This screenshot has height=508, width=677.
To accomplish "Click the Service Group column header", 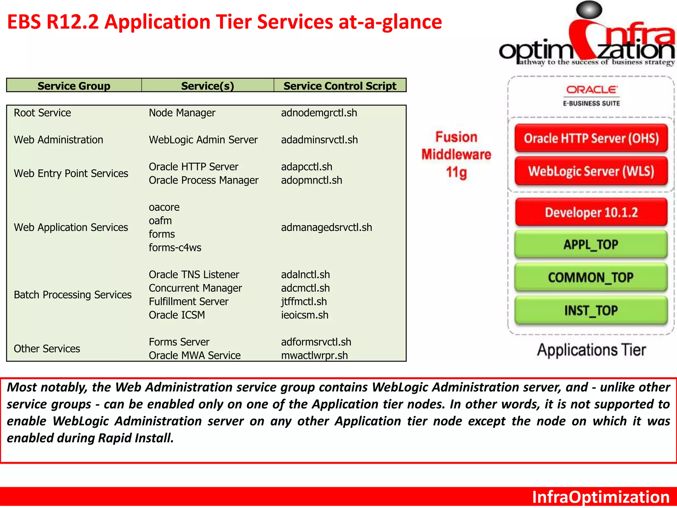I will (x=74, y=86).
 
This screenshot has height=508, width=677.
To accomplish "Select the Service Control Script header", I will (x=340, y=86).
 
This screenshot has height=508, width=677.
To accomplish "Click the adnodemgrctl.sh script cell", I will (x=319, y=113).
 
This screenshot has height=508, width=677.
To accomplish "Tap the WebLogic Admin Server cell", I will (x=203, y=140).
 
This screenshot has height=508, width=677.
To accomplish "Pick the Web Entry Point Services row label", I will (x=71, y=174).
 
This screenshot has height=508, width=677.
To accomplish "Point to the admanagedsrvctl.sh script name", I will (x=326, y=228).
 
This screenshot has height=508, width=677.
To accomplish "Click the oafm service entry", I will (x=160, y=221).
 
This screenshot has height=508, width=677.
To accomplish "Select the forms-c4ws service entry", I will (x=175, y=248).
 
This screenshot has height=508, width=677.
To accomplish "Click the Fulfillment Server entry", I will (x=188, y=302).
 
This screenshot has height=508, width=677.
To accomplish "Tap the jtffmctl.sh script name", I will (x=304, y=302).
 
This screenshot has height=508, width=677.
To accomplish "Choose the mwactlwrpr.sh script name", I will (x=314, y=356).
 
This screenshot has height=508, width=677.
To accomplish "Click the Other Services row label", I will (x=47, y=349).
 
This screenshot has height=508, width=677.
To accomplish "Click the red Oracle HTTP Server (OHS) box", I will (x=591, y=138).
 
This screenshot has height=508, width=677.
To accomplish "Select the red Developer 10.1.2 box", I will (x=591, y=212).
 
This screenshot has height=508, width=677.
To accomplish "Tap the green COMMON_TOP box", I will (x=591, y=277).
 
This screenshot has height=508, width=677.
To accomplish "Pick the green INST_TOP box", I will (x=591, y=311).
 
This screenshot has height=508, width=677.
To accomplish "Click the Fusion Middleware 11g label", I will (x=456, y=155).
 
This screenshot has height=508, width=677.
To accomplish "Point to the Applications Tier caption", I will (x=591, y=350).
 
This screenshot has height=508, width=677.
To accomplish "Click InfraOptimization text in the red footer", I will (x=601, y=497).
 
